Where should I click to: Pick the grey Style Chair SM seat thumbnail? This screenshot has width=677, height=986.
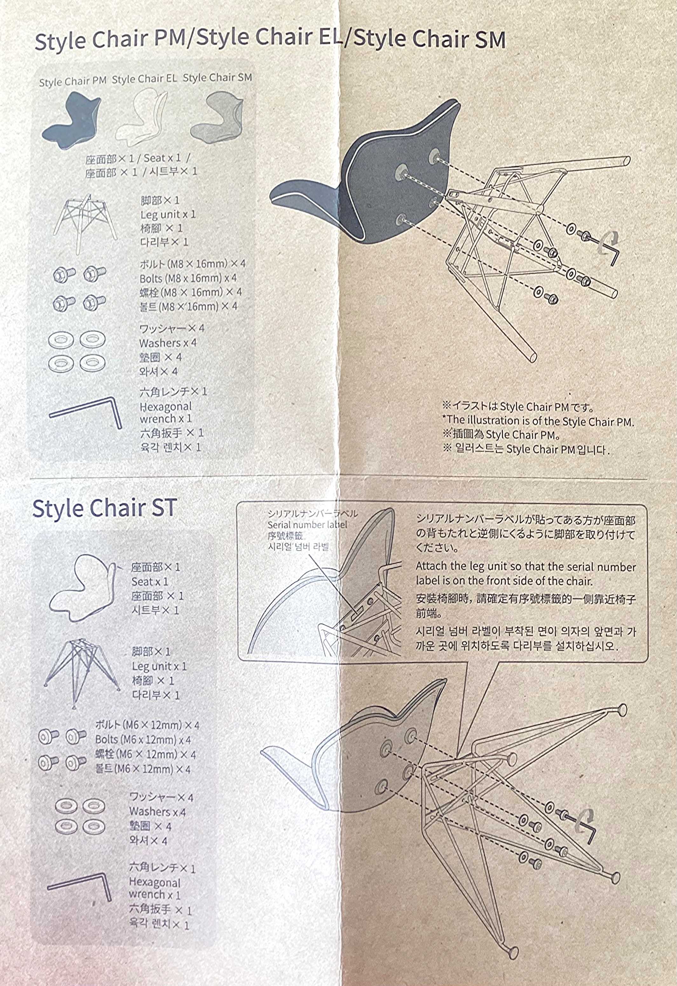pyautogui.click(x=216, y=118)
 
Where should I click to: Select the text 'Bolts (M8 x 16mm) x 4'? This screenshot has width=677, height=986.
pyautogui.click(x=188, y=278)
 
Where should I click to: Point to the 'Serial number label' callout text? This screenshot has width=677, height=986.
pyautogui.click(x=307, y=525)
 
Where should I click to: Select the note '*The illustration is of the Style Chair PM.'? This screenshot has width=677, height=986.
pyautogui.click(x=538, y=421)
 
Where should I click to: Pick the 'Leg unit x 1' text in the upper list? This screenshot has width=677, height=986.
pyautogui.click(x=168, y=214)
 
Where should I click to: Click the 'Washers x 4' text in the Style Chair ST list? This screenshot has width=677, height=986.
pyautogui.click(x=157, y=812)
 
